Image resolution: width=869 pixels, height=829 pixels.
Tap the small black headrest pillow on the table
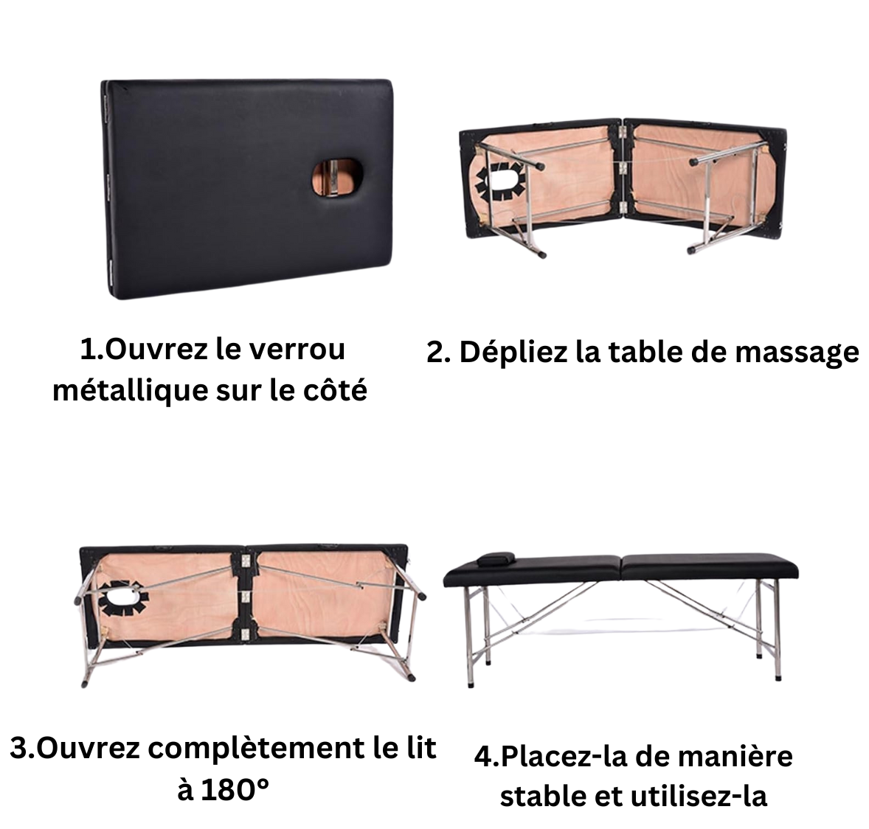tap(496, 558)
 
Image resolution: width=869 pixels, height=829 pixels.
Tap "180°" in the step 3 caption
tap(235, 790)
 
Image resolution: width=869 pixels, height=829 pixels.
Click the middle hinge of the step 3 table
tap(246, 597)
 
